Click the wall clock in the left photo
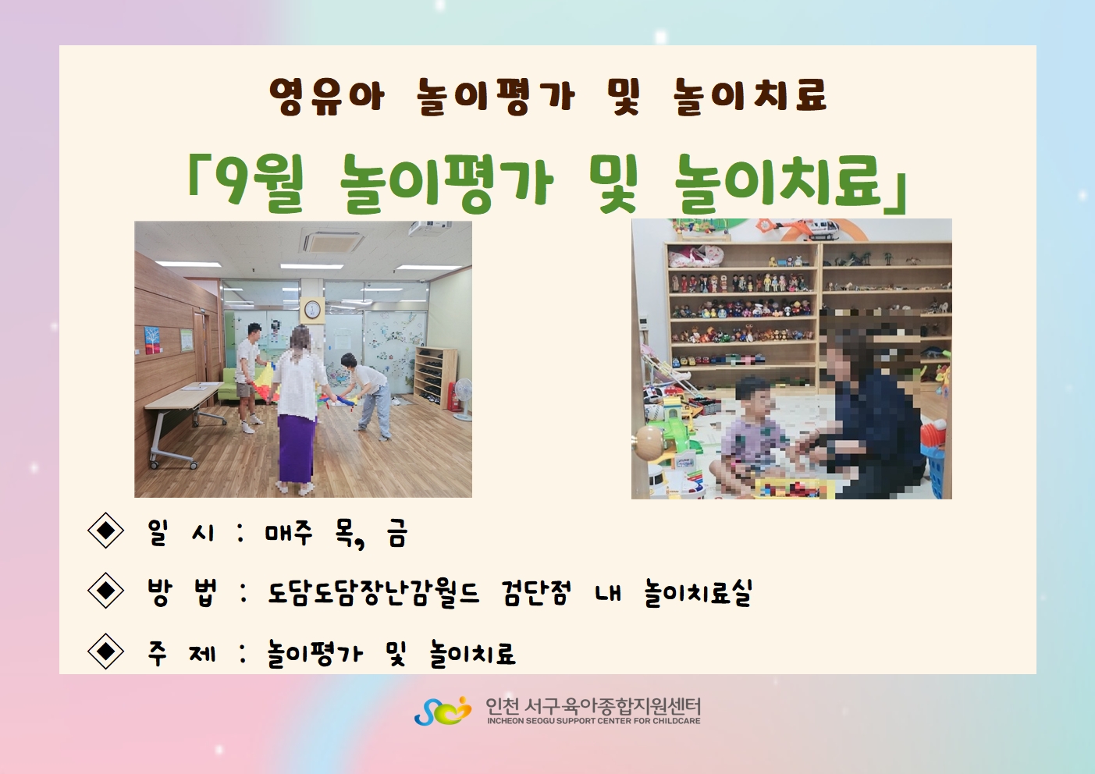coord(311,309)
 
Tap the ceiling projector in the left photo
coord(430,228)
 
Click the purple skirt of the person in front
coord(295,447)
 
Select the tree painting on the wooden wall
coord(152,340)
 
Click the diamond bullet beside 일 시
coord(105,530)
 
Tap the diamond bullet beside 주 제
coord(105,652)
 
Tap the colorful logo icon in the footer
coord(443,711)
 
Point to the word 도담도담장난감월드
coord(374,592)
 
